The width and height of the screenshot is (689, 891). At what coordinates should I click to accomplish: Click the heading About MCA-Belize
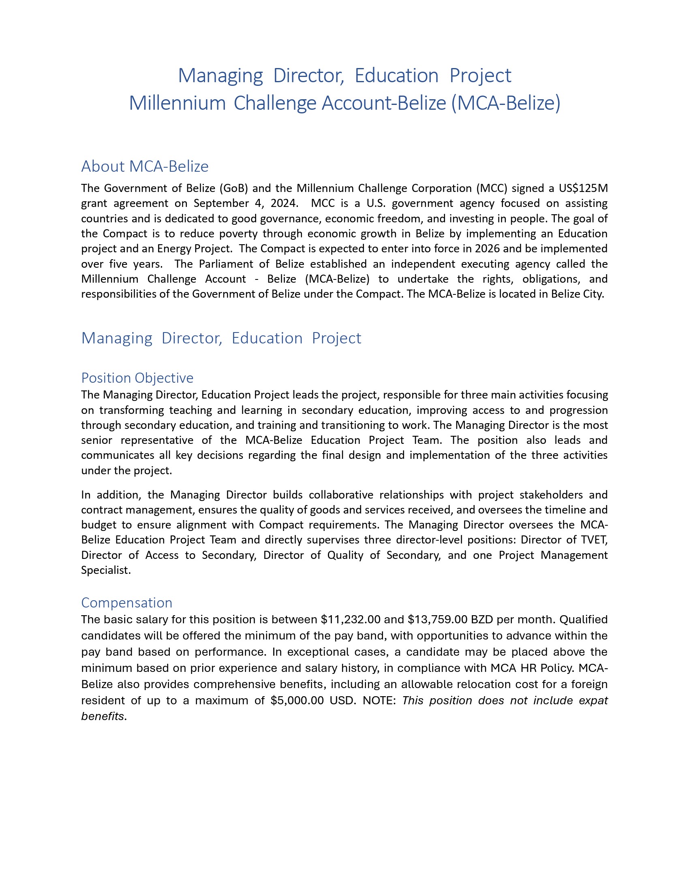tap(145, 166)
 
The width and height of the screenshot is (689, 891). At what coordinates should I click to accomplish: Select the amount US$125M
tap(583, 188)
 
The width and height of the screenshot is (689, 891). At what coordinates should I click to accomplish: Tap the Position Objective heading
tap(137, 378)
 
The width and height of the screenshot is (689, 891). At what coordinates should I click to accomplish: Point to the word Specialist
tap(106, 570)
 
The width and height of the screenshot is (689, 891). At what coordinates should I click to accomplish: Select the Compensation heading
tap(126, 603)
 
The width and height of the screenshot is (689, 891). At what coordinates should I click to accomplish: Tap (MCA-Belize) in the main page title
tap(506, 103)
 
